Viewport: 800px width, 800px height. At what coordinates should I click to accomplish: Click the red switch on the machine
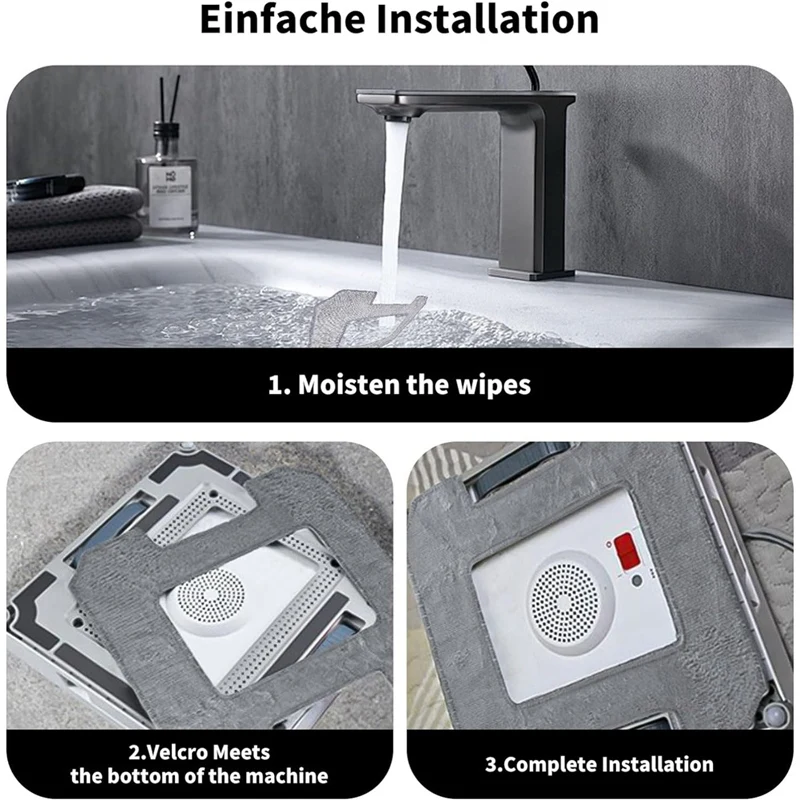[628, 549]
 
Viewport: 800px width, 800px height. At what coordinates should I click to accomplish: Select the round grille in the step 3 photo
[564, 600]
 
